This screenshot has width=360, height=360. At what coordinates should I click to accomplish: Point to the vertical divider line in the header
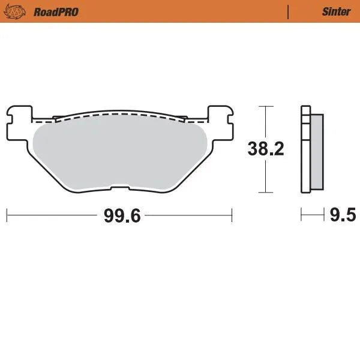click(x=289, y=11)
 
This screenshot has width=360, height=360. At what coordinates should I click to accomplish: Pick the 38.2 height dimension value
click(x=266, y=149)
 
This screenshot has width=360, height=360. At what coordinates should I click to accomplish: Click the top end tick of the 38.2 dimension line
click(x=265, y=106)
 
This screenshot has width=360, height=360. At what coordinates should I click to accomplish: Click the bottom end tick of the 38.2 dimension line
click(x=265, y=193)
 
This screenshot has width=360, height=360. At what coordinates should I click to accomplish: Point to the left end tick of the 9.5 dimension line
click(x=301, y=214)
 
